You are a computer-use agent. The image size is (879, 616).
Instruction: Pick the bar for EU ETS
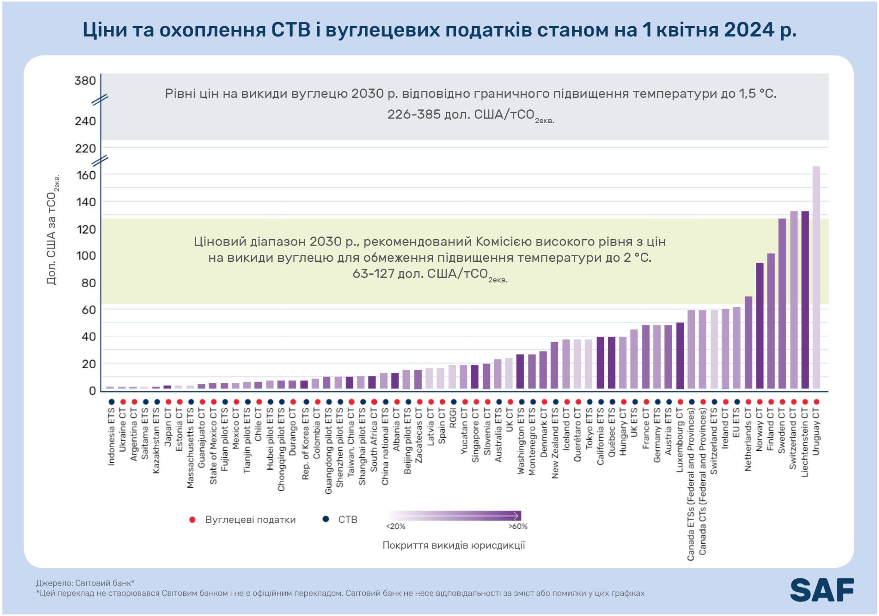pos(737,348)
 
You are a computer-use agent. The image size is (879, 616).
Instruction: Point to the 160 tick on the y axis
pos(86,175)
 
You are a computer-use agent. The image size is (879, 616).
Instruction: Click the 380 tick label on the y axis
pos(85,81)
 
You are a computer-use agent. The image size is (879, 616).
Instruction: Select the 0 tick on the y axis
pos(92,391)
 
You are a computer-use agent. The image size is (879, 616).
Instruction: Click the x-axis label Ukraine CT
pos(123,430)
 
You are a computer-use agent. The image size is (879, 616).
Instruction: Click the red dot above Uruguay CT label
pos(816,402)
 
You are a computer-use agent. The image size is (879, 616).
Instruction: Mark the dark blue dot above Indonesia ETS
pos(112,402)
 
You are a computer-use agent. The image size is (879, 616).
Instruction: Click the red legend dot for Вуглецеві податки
pos(192,519)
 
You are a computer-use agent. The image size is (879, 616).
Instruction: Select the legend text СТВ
pos(348,519)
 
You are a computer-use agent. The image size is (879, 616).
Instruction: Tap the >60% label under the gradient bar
pos(518,526)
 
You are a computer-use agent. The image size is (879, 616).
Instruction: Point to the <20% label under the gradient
pos(395,526)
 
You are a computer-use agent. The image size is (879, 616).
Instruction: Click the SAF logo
pos(821,590)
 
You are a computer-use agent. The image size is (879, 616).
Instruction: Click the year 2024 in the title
pos(749,30)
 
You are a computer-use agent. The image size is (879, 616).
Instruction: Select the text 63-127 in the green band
pos(373,274)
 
